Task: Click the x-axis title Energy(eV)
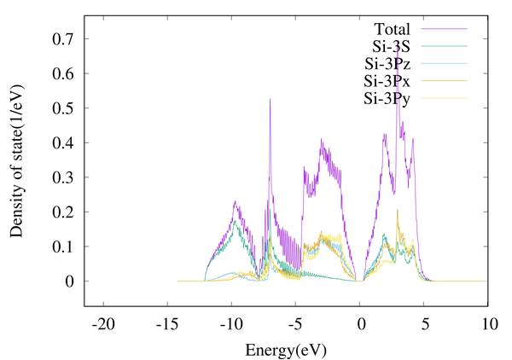point(285,350)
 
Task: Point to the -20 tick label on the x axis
point(103,325)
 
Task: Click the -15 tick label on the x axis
point(167,325)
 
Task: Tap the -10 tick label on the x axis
point(231,325)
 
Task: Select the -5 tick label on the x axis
point(295,325)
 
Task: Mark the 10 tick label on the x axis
point(489,325)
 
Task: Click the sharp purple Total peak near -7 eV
point(271,100)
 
